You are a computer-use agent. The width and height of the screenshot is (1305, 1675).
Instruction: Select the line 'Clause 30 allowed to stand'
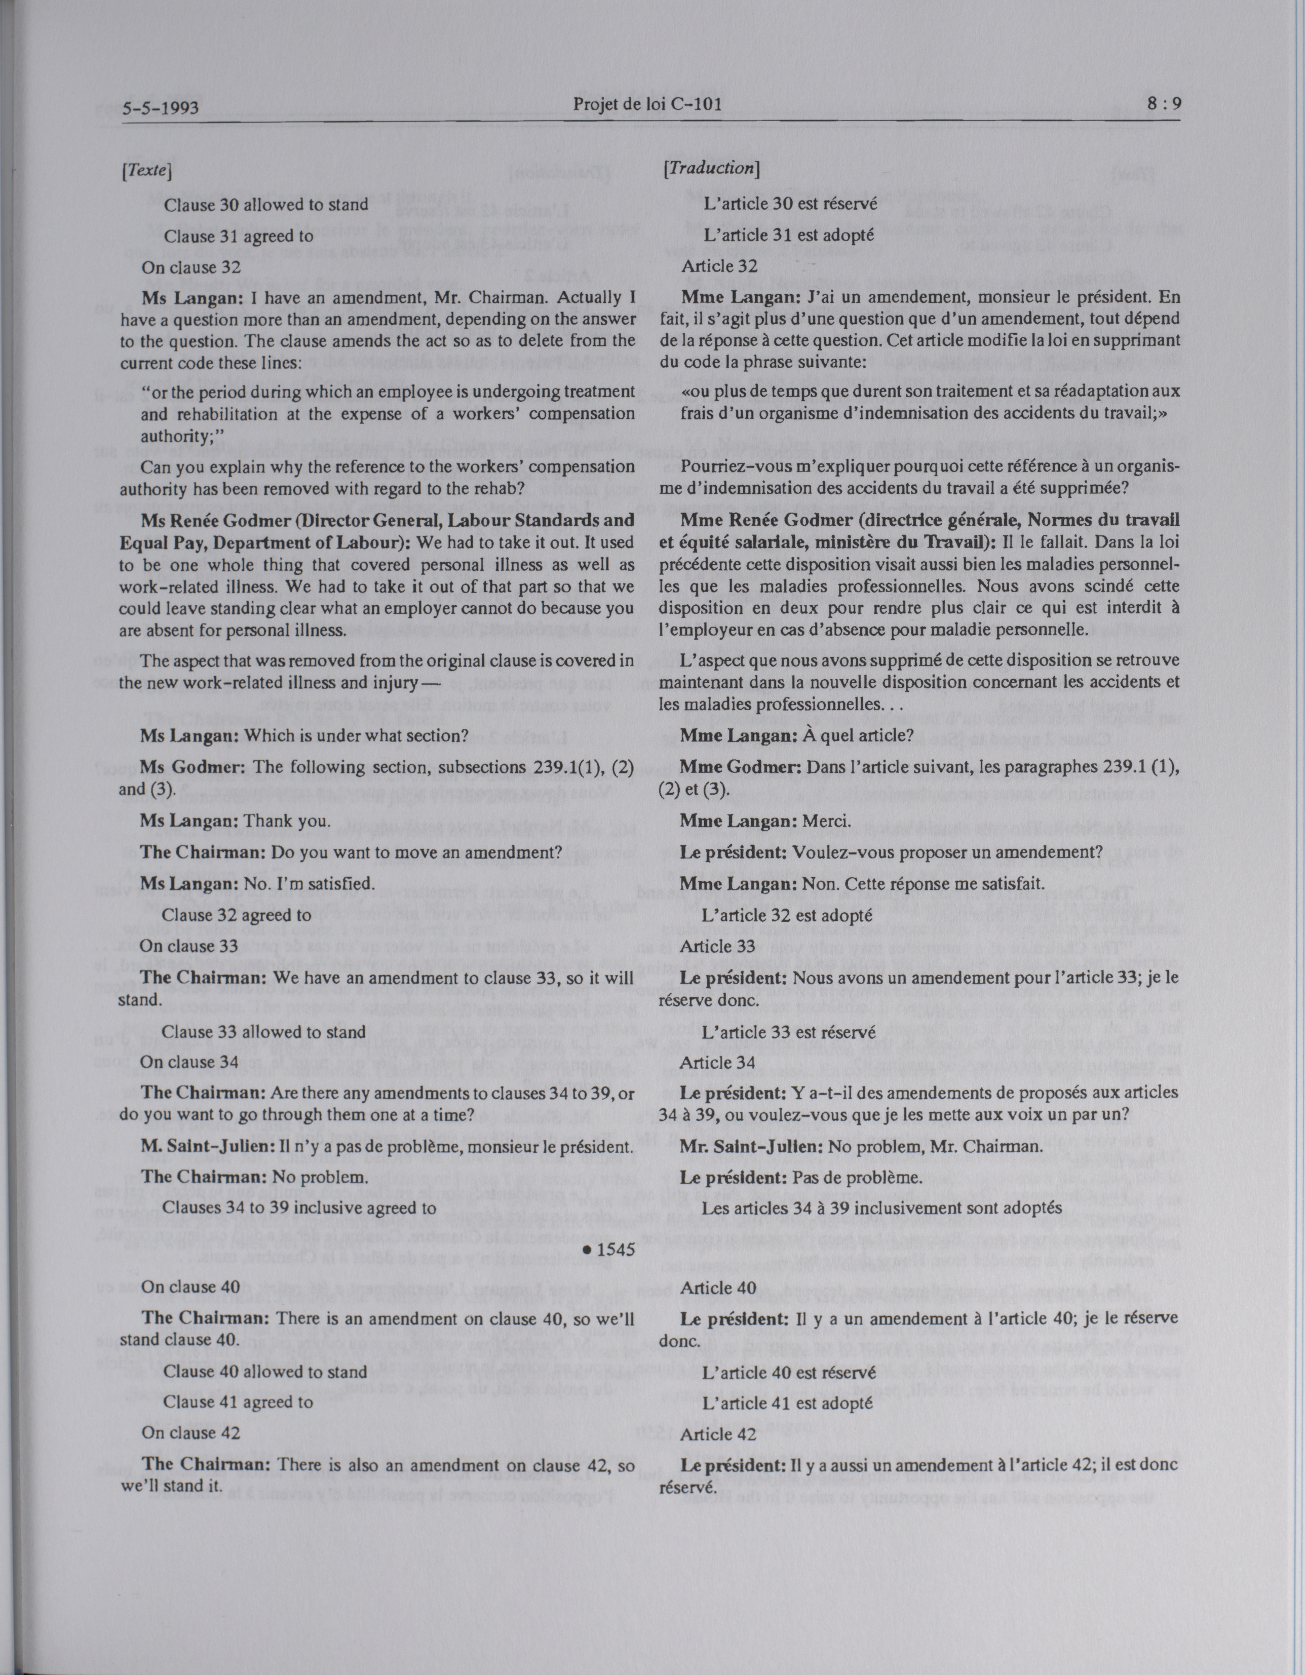point(265,205)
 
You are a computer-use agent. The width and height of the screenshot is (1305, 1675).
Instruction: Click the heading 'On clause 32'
point(190,267)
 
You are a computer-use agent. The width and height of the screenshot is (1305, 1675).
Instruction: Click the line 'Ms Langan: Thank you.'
point(235,821)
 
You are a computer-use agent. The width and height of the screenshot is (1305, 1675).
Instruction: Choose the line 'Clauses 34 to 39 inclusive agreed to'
point(300,1207)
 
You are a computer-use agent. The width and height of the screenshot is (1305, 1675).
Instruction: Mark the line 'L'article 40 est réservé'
point(789,1371)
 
